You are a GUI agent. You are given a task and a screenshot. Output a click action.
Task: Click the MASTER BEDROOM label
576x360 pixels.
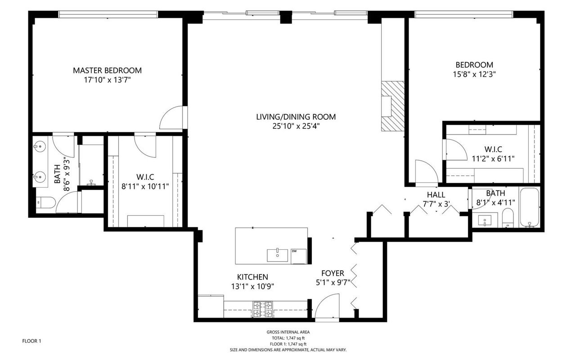[107, 70]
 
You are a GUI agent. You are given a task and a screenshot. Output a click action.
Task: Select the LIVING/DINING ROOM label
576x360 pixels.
[296, 117]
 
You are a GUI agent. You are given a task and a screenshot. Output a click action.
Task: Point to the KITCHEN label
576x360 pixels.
[252, 277]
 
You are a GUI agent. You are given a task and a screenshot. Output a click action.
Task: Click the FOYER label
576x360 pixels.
[333, 273]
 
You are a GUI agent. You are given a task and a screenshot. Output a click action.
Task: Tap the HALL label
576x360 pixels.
[436, 195]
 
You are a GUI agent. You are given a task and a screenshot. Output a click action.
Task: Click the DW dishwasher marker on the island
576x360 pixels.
[294, 251]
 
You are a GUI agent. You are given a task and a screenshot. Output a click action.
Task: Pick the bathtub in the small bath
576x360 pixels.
[529, 208]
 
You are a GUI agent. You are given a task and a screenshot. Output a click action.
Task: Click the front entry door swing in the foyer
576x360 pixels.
[328, 306]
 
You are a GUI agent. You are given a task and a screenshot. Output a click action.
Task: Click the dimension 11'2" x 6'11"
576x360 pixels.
[493, 158]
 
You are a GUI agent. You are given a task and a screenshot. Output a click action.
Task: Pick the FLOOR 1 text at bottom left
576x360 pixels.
[31, 341]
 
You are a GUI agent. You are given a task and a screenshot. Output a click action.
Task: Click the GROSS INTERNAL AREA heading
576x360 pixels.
[288, 332]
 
